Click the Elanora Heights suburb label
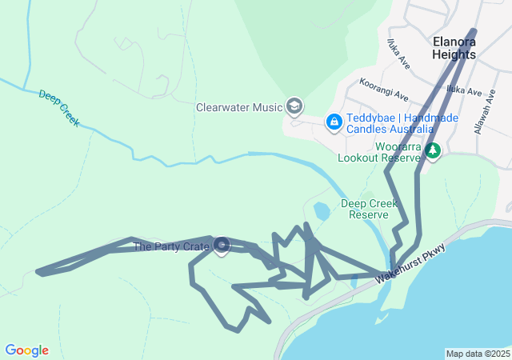point(454,47)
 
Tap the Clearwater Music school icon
point(294,106)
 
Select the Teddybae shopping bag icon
point(334,122)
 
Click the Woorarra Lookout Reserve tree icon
point(433,150)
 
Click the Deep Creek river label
point(59,107)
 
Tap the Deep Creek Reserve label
point(370,209)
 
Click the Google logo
point(26,350)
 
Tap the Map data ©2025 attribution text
point(478,354)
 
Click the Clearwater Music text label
point(240,107)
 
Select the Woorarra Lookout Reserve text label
point(379,152)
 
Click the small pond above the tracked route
point(322,211)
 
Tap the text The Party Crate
point(171,246)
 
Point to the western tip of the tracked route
point(39,273)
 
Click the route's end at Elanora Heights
point(474,32)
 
